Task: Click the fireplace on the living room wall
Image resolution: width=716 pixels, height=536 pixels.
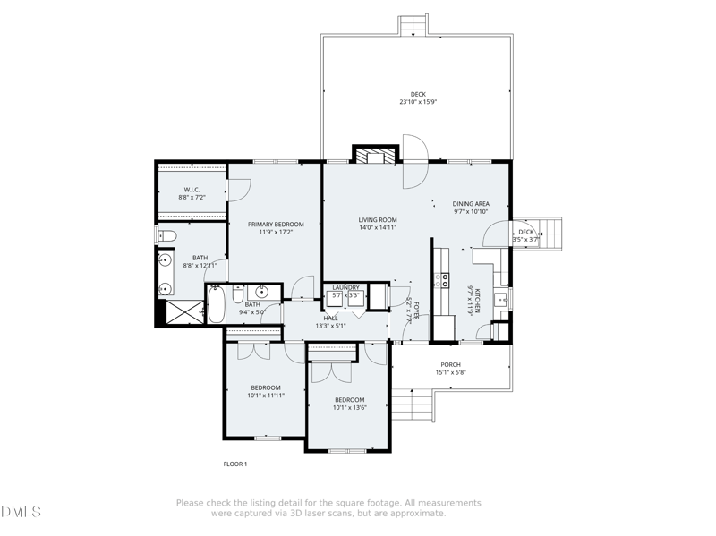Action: click(x=374, y=155)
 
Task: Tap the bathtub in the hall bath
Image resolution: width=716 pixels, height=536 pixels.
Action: click(x=217, y=304)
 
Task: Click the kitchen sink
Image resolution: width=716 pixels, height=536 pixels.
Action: click(x=502, y=299)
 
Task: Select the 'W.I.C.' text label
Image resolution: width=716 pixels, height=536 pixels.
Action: click(x=192, y=189)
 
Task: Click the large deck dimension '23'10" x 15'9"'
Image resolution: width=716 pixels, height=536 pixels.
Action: click(x=418, y=102)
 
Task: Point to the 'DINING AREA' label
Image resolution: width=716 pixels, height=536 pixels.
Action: click(x=471, y=204)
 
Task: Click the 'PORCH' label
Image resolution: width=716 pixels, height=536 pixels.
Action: click(x=450, y=364)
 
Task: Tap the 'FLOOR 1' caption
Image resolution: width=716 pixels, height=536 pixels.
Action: click(x=234, y=464)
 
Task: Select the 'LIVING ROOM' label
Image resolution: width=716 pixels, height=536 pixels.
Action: click(x=378, y=219)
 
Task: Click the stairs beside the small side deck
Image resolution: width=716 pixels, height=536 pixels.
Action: click(x=550, y=234)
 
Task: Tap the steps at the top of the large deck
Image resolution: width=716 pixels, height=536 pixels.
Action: click(x=413, y=24)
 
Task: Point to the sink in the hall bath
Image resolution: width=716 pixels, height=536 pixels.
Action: click(x=262, y=293)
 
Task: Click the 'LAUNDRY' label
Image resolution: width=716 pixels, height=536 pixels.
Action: click(x=345, y=287)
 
